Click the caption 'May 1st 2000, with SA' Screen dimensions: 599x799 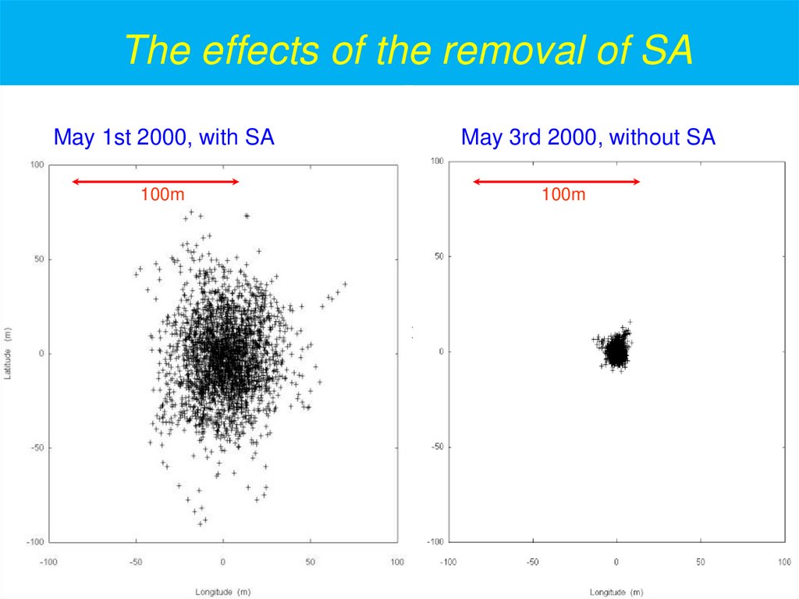tap(163, 138)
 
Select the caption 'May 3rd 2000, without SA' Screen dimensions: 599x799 tap(588, 138)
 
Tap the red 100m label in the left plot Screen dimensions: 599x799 tap(162, 194)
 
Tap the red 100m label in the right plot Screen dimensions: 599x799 tap(563, 194)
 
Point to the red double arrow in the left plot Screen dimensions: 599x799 tap(155, 182)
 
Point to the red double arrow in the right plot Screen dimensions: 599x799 tap(556, 182)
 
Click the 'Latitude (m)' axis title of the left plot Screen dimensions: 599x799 tap(9, 354)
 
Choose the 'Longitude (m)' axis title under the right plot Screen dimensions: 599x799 tap(616, 591)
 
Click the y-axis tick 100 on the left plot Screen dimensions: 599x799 tap(36, 166)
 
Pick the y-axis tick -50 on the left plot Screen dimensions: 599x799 tap(36, 447)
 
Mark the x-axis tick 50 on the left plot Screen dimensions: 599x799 tap(310, 562)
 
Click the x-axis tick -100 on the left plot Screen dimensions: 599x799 tap(48, 562)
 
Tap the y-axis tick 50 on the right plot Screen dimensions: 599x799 tap(439, 256)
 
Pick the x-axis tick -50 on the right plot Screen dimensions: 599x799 tap(532, 562)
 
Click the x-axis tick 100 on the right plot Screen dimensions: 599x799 tap(784, 562)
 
